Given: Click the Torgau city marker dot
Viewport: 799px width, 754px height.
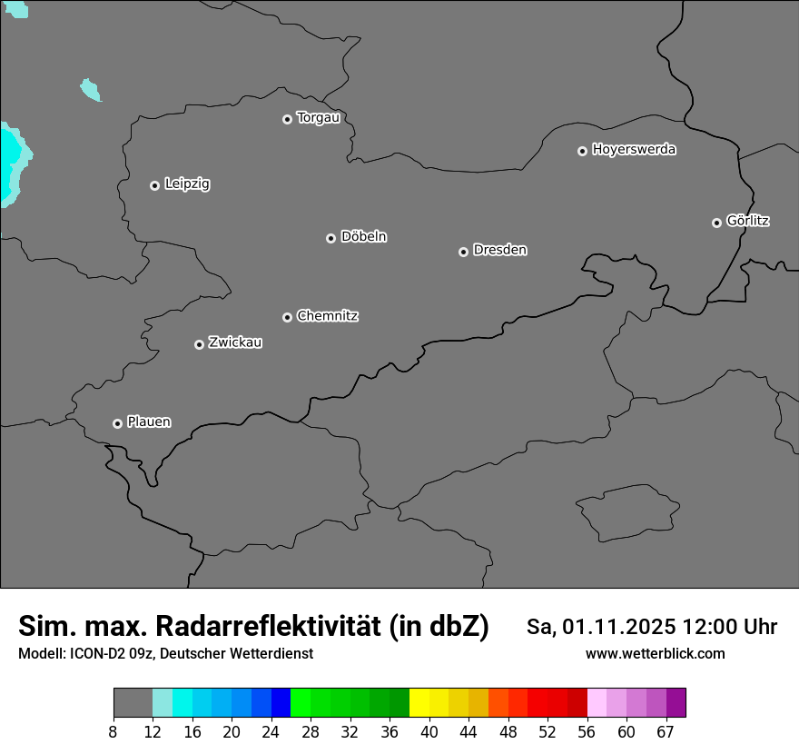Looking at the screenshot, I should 287,119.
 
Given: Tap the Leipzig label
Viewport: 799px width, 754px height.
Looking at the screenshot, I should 187,184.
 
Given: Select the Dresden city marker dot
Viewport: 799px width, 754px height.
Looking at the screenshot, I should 463,252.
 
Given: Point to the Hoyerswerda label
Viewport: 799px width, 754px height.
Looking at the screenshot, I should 634,150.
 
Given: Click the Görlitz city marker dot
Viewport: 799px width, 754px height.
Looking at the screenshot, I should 716,223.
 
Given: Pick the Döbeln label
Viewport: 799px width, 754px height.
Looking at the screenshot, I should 363,237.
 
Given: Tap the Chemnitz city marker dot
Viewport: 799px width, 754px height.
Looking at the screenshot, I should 287,317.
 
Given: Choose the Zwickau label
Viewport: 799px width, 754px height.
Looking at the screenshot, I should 235,342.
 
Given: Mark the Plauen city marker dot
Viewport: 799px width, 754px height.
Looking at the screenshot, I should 117,423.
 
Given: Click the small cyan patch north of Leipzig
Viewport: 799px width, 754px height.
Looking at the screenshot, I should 90,89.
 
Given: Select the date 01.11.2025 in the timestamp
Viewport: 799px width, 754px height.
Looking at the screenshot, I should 619,627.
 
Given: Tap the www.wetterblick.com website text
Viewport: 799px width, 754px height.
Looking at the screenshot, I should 655,653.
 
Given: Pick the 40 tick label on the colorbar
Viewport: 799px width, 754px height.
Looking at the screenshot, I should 429,732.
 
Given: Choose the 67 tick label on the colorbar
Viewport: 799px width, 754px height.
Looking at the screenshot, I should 666,732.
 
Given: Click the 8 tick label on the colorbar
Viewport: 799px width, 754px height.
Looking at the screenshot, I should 113,732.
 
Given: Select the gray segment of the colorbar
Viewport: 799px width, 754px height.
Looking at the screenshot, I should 133,703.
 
